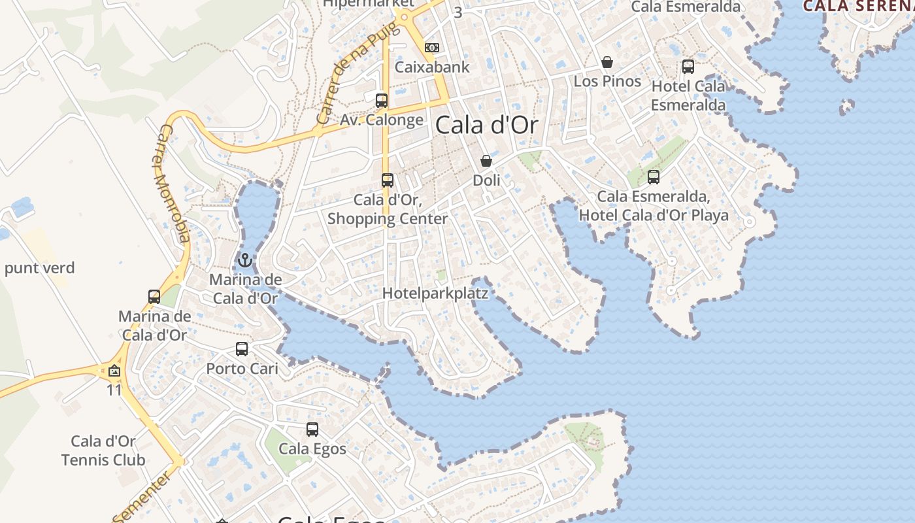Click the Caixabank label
(432, 67)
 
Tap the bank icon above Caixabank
(432, 48)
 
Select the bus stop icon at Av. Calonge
(382, 101)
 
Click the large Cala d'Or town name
(486, 124)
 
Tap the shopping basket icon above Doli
(486, 161)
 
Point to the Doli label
(486, 180)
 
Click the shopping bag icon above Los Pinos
(607, 62)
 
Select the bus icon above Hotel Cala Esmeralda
(688, 67)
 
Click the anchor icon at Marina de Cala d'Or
(244, 261)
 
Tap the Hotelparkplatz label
(435, 293)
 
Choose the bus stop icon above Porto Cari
(242, 349)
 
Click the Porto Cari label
(242, 368)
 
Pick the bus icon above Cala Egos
(312, 430)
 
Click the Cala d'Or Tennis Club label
(103, 450)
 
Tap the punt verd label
(40, 267)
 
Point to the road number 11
(114, 390)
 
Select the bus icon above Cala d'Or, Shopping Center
(388, 180)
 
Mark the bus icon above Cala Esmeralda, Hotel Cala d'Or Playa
(654, 177)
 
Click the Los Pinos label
(607, 81)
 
